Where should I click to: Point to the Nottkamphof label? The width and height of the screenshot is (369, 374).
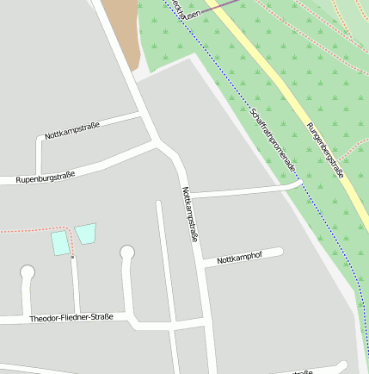click(238, 258)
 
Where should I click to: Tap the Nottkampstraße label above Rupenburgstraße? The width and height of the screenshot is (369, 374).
click(72, 130)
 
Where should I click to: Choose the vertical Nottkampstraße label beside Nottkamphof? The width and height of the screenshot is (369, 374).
click(190, 214)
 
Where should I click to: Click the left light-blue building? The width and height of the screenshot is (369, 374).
click(59, 242)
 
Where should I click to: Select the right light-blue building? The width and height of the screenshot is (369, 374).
click(85, 233)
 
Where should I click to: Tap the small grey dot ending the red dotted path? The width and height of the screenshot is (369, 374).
click(72, 257)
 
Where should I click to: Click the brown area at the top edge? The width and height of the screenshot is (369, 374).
click(121, 26)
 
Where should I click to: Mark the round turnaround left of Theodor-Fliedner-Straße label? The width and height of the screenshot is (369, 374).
click(28, 272)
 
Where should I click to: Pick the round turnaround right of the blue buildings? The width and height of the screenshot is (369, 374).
click(127, 252)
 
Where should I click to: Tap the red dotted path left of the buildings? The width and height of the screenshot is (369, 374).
click(26, 230)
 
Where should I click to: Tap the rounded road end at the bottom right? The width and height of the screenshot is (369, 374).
click(342, 365)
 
